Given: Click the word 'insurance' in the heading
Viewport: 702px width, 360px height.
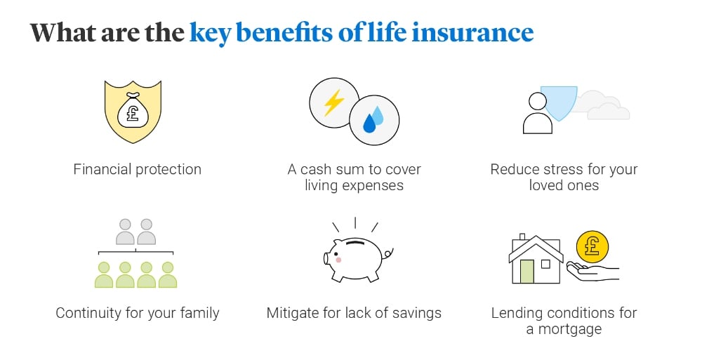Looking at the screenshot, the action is click(472, 32).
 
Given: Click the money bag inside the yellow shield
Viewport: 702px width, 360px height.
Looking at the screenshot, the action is click(133, 110).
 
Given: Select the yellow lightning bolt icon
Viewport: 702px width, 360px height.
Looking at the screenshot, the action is click(334, 102).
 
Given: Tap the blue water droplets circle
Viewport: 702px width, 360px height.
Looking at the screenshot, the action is click(374, 120).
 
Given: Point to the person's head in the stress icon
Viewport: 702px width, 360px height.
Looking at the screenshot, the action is click(537, 101).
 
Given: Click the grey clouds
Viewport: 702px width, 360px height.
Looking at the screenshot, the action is click(601, 105).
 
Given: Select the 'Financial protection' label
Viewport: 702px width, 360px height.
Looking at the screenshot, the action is click(138, 169).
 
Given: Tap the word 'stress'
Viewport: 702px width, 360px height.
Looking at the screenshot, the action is click(563, 169).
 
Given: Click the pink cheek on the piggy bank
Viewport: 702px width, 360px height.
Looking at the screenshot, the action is click(338, 260).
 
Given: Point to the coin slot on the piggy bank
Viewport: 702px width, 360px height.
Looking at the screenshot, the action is click(355, 243).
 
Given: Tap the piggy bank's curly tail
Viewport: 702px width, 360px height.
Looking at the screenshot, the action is click(388, 253).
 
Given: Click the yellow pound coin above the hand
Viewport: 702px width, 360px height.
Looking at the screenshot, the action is click(592, 246).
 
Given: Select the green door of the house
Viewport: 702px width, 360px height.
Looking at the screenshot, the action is click(527, 272).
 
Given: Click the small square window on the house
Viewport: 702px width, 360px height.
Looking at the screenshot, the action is click(545, 264).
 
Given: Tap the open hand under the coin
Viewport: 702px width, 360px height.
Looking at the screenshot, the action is click(592, 272).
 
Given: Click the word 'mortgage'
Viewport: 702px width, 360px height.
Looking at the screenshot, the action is click(570, 330).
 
